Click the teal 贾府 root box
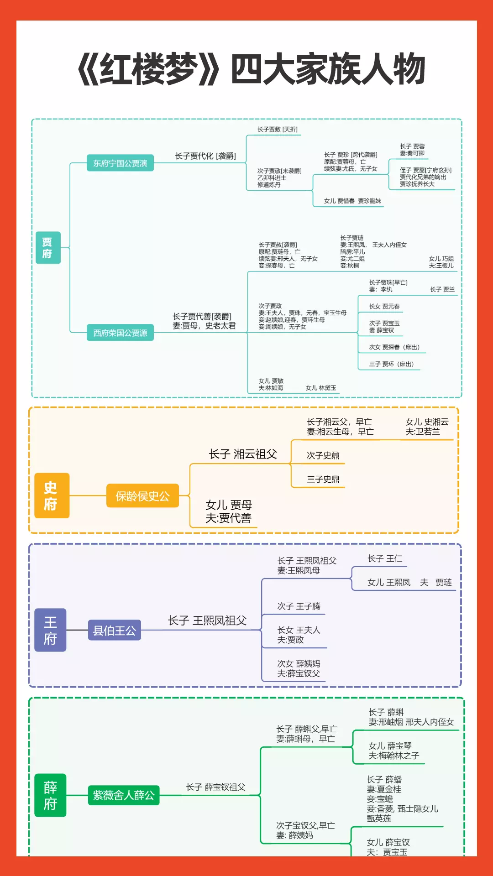[48, 247]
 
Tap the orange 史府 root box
[52, 495]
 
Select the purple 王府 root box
[50, 630]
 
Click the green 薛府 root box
[50, 795]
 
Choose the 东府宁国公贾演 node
[120, 163]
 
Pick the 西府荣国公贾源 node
[120, 333]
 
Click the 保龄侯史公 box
[142, 496]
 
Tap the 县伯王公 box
[114, 630]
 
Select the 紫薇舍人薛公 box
[124, 795]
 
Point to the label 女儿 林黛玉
[321, 388]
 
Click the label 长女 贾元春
[384, 306]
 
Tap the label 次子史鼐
[323, 455]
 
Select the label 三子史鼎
[323, 479]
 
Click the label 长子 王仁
[385, 558]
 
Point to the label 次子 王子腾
[299, 606]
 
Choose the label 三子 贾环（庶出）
[391, 364]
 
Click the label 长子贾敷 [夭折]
[277, 130]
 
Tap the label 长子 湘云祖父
[243, 454]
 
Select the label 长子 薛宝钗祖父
[215, 787]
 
